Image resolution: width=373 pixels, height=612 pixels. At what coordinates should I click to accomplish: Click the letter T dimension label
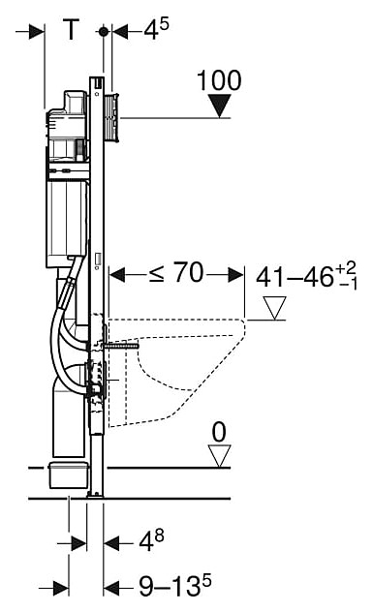71,30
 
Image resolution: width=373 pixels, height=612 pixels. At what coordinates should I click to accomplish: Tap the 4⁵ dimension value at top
156,29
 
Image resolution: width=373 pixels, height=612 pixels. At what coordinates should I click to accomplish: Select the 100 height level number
219,80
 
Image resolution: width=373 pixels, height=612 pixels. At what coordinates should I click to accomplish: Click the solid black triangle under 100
220,106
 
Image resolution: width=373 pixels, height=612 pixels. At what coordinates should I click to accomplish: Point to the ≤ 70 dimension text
176,272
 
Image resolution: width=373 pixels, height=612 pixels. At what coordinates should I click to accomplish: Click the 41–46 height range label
306,276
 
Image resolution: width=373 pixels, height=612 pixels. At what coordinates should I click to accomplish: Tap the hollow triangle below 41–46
274,308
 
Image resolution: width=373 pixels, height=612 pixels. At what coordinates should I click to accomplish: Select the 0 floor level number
219,432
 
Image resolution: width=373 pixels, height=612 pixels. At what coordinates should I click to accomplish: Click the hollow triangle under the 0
219,456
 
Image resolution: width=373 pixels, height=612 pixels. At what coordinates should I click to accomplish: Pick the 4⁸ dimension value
151,541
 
